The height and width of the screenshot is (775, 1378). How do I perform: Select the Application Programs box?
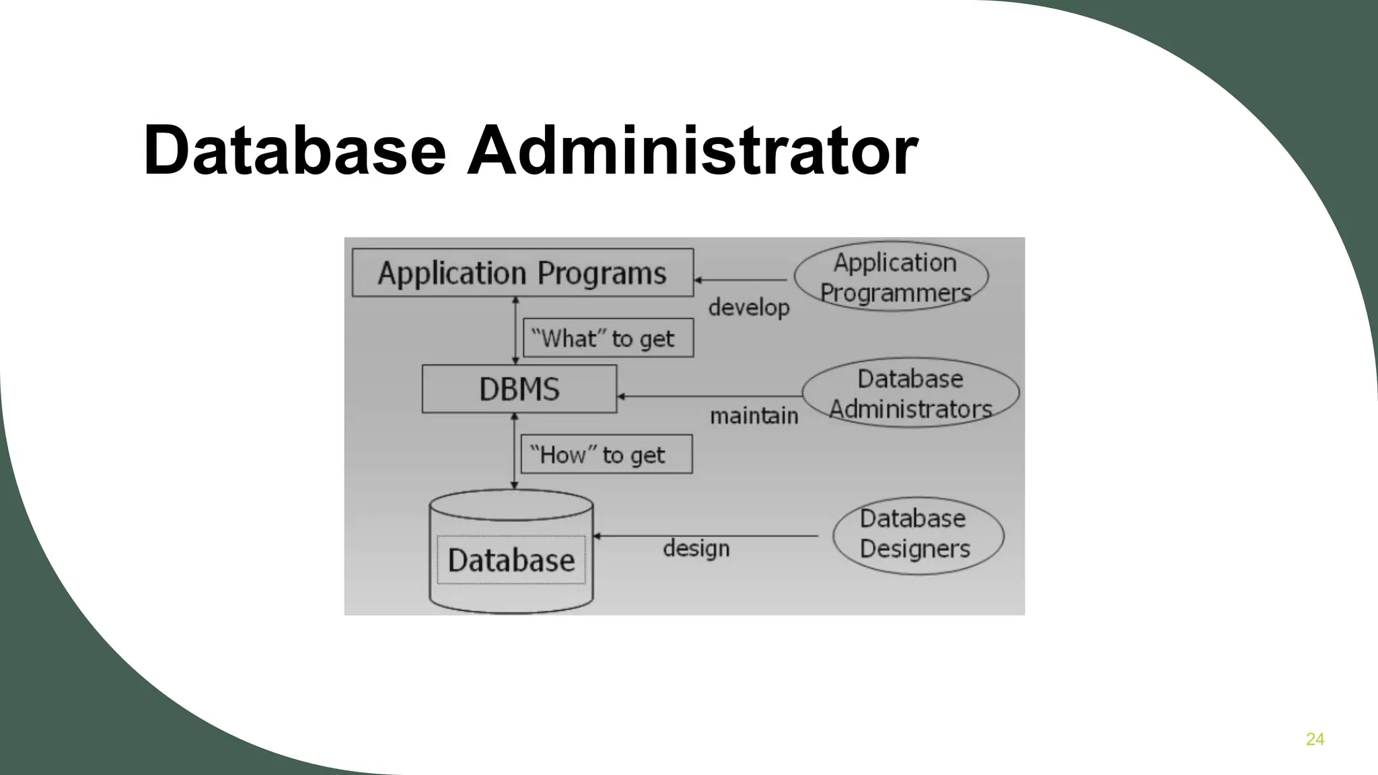point(523,272)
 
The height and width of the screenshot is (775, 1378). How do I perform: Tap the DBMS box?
point(519,389)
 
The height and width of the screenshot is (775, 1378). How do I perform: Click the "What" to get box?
point(608,338)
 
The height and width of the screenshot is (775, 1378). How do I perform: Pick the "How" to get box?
point(606,454)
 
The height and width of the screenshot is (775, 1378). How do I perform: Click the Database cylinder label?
point(511,560)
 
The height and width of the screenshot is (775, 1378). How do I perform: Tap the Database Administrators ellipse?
point(910,393)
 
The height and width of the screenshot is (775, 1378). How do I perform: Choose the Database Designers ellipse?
point(918,536)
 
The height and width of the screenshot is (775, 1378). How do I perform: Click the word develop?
point(748,307)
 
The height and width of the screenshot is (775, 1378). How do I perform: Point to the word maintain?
point(754,416)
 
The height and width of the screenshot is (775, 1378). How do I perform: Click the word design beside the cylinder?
point(696,548)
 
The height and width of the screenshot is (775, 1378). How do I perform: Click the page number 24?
point(1315,739)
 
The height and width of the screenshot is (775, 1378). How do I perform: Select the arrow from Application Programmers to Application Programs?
point(740,279)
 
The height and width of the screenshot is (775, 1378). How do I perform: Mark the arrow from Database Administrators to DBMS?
point(710,396)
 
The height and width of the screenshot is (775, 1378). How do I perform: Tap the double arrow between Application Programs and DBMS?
point(515,330)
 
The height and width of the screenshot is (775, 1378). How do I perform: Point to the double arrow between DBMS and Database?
point(515,451)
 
